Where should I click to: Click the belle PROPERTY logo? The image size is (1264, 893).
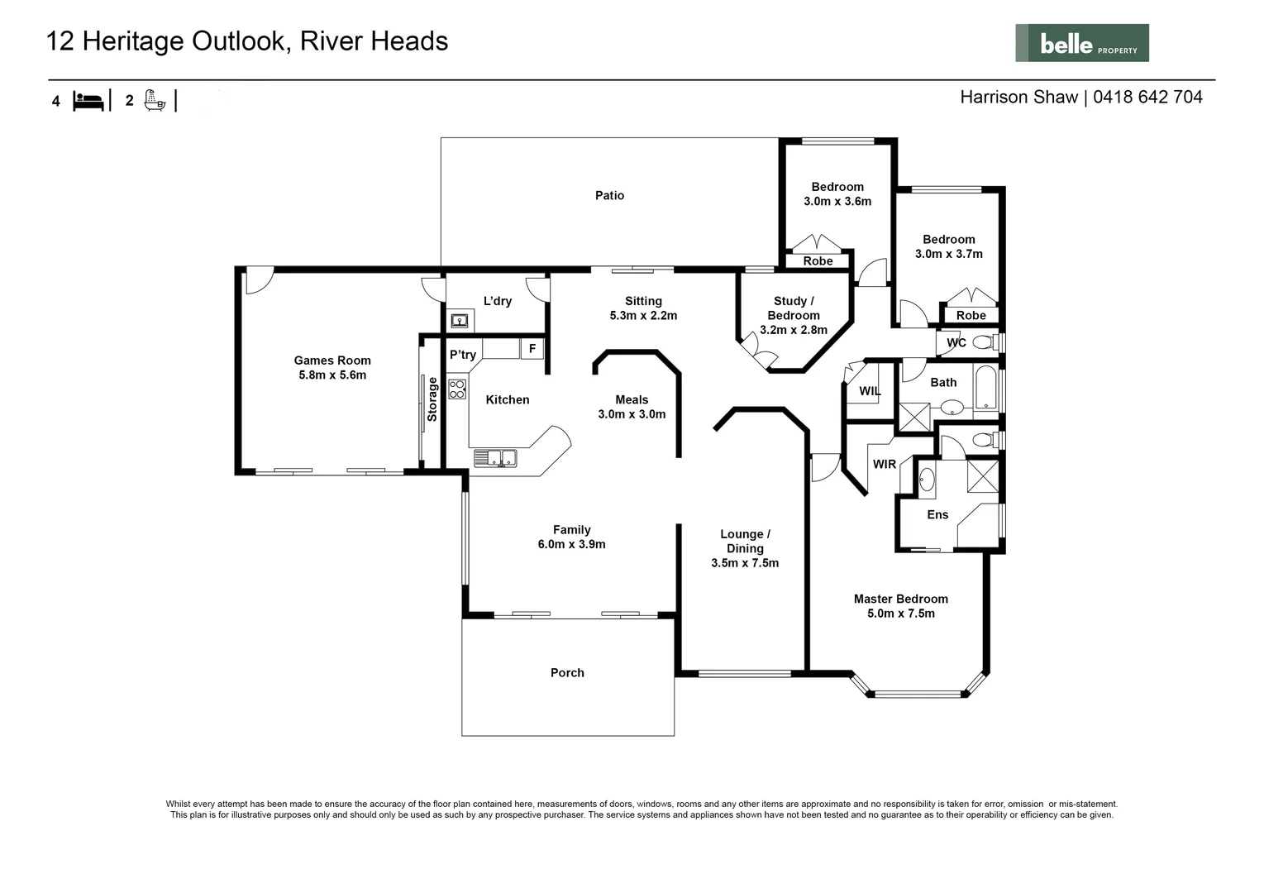pyautogui.click(x=1082, y=43)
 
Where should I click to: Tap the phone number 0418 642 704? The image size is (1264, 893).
pyautogui.click(x=1147, y=97)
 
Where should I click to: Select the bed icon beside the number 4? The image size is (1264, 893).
pyautogui.click(x=88, y=101)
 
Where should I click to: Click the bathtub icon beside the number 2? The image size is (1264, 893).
pyautogui.click(x=155, y=100)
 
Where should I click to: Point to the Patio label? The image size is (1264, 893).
pyautogui.click(x=609, y=195)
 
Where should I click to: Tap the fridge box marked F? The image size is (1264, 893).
pyautogui.click(x=532, y=349)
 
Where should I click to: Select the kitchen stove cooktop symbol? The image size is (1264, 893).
pyautogui.click(x=457, y=389)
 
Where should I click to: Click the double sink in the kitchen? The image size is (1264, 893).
pyautogui.click(x=495, y=458)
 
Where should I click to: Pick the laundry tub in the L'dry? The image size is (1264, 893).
pyautogui.click(x=460, y=321)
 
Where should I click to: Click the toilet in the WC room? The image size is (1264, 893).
pyautogui.click(x=986, y=342)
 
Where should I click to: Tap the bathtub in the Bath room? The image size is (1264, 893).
pyautogui.click(x=985, y=387)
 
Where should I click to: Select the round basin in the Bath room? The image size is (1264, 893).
pyautogui.click(x=952, y=407)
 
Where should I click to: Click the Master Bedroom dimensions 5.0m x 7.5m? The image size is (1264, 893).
pyautogui.click(x=901, y=613)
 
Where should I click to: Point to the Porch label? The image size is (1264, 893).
pyautogui.click(x=567, y=672)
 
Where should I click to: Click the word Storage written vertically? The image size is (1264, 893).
pyautogui.click(x=432, y=399)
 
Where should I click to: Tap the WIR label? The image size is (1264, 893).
pyautogui.click(x=885, y=464)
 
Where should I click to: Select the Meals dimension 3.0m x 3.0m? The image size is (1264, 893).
pyautogui.click(x=632, y=413)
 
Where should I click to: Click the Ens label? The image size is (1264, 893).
pyautogui.click(x=937, y=514)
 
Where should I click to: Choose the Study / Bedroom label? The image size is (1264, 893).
pyautogui.click(x=794, y=308)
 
